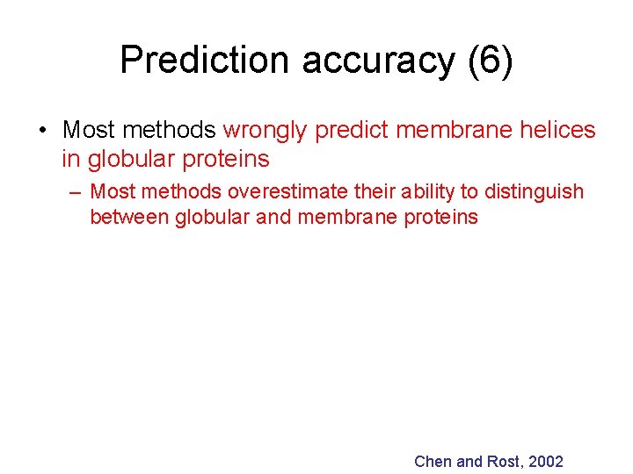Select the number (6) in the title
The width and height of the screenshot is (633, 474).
[x=493, y=61]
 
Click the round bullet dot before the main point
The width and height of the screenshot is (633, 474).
[x=42, y=131]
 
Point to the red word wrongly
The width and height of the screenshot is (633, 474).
[x=265, y=131]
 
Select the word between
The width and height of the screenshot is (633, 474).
[x=129, y=217]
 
